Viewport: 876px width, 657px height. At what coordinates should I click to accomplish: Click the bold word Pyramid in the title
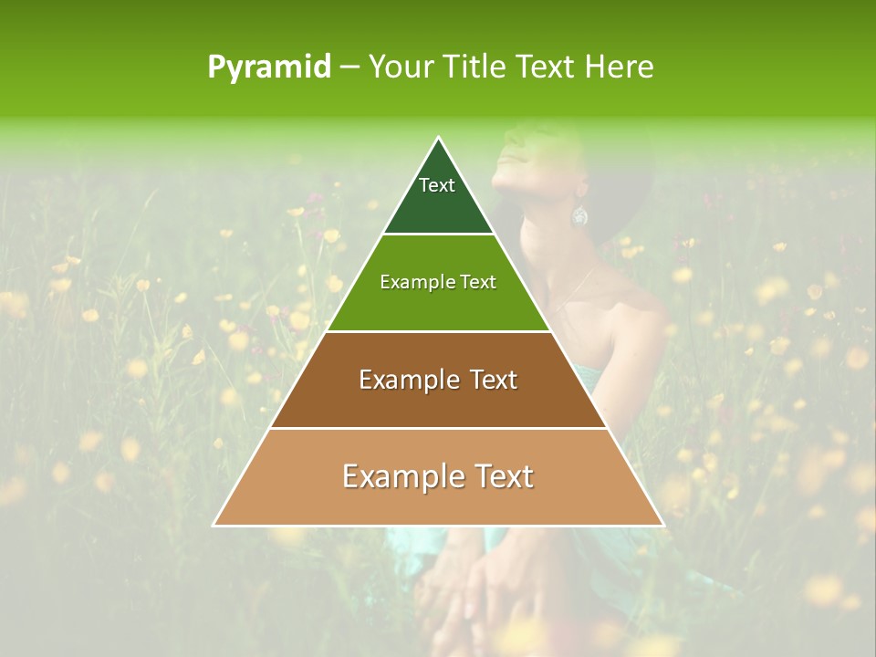pyautogui.click(x=269, y=68)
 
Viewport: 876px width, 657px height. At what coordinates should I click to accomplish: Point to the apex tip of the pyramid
pyautogui.click(x=439, y=138)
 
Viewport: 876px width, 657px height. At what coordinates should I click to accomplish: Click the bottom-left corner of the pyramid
pyautogui.click(x=214, y=525)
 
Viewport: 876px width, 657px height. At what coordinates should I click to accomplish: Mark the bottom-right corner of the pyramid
pyautogui.click(x=663, y=525)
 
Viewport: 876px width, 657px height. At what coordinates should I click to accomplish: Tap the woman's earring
pyautogui.click(x=579, y=215)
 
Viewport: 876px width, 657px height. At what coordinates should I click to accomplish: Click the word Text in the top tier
pyautogui.click(x=437, y=185)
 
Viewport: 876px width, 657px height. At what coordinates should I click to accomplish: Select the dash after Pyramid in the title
pyautogui.click(x=349, y=68)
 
